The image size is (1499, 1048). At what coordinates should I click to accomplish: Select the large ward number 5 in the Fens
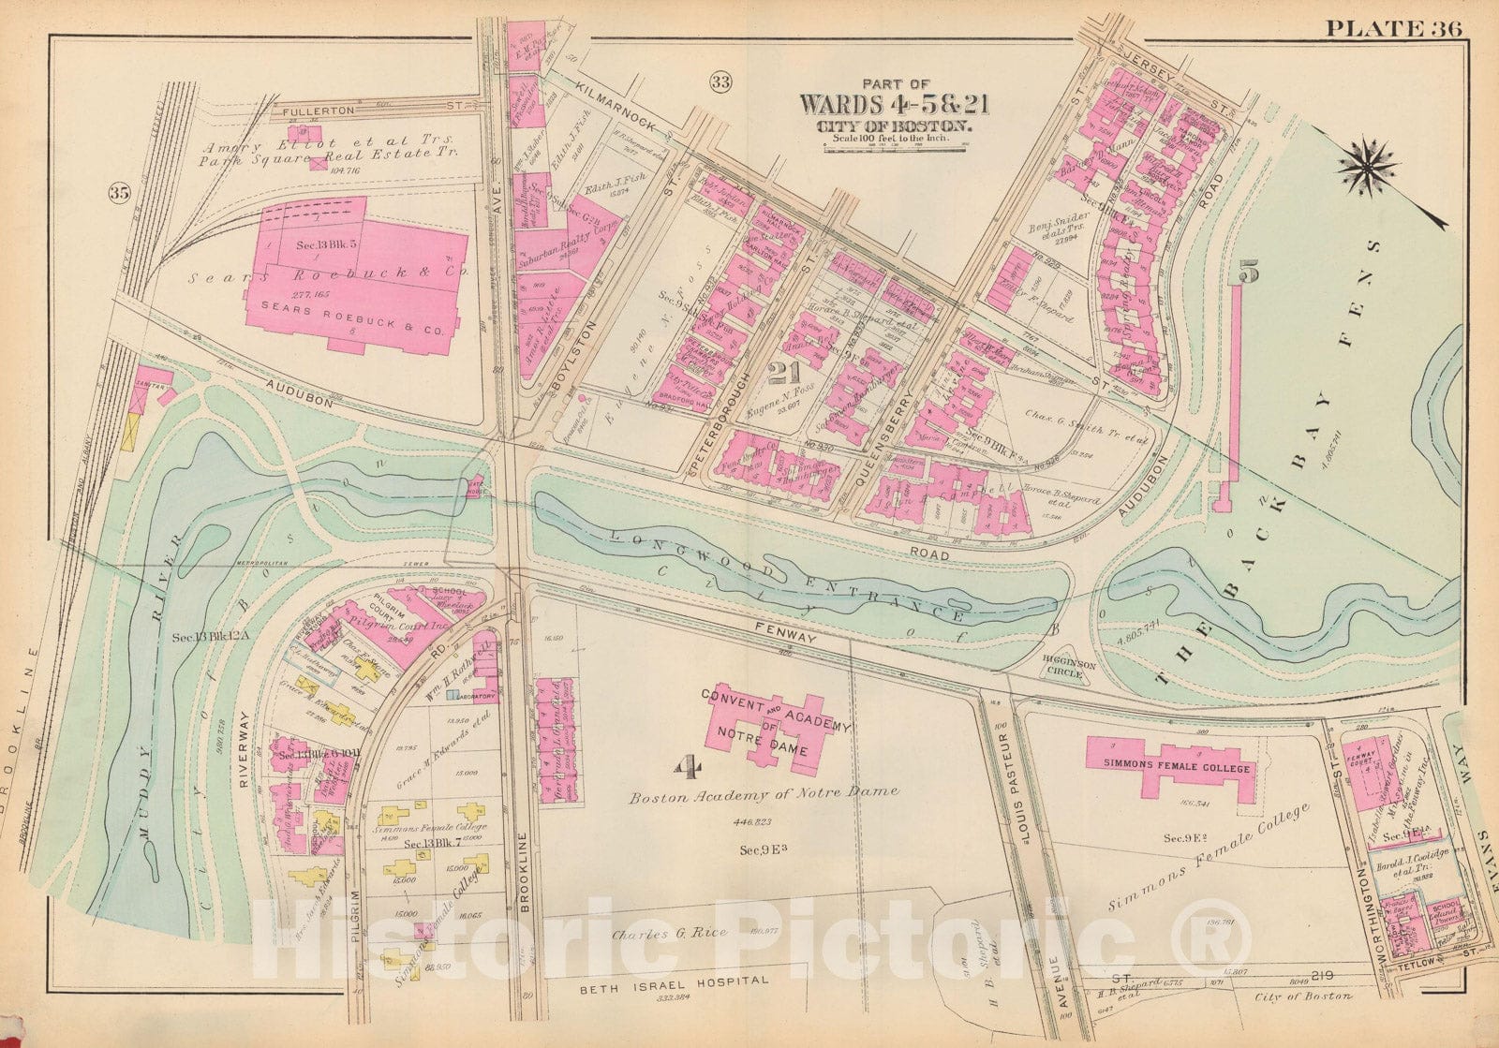tap(1250, 272)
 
